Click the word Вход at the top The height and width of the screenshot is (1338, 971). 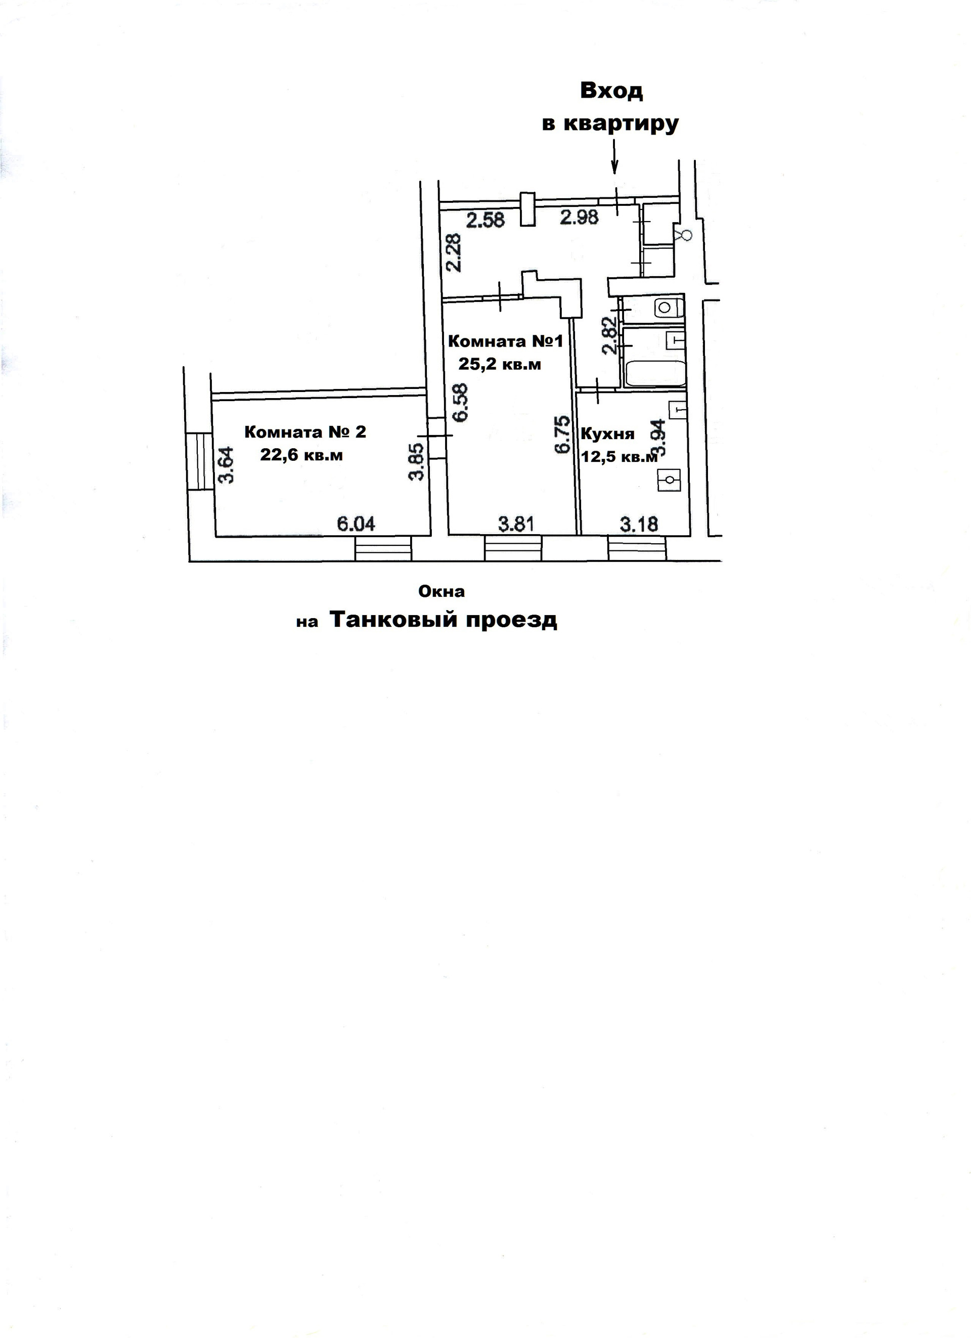pos(611,91)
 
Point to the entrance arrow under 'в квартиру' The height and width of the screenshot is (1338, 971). pos(614,158)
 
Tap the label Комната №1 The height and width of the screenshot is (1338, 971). pos(506,341)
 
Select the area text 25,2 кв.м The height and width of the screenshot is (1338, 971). pos(500,364)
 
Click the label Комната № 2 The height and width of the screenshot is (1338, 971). pos(305,432)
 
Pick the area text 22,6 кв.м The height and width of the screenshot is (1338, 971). pos(301,455)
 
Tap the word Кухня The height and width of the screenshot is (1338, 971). pos(607,434)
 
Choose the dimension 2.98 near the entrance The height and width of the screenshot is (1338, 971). pos(579,218)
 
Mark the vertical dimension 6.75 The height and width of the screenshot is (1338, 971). pos(562,435)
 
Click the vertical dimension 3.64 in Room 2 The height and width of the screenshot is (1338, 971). pos(226,465)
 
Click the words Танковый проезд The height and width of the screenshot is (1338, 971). pos(443,620)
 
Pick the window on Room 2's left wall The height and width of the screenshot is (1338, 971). pos(199,461)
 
